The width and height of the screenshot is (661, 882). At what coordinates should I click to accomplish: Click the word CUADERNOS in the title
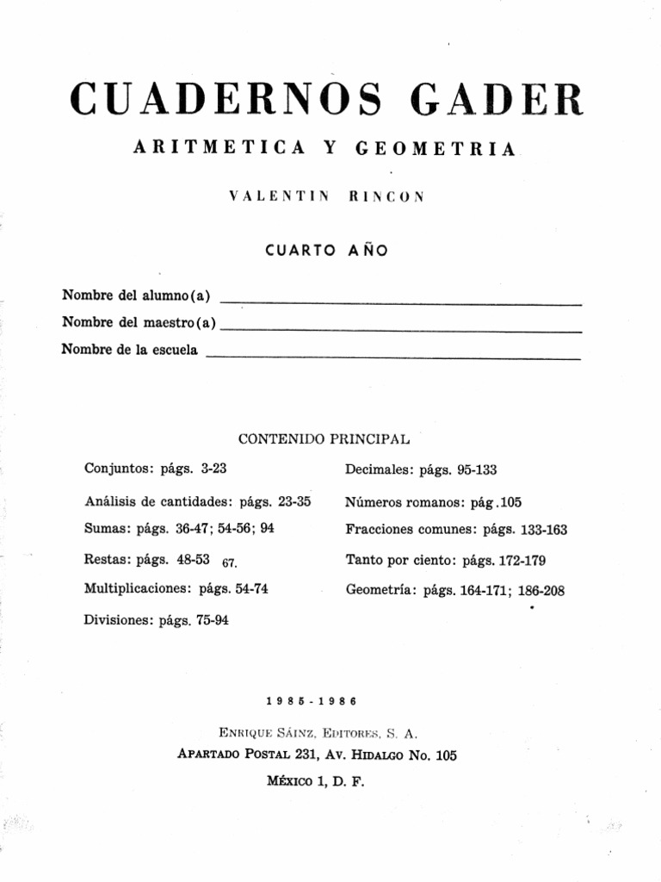pos(223,101)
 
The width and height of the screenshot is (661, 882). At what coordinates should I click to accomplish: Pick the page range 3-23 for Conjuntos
pos(213,469)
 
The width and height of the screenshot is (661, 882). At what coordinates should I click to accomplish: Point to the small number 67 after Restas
pos(229,563)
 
